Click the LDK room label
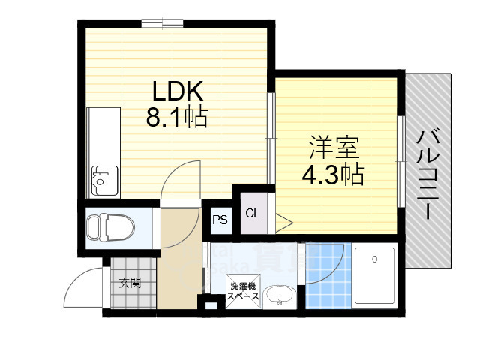tap(178, 91)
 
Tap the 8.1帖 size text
tap(177, 118)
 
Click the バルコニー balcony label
tap(429, 173)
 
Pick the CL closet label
tap(252, 214)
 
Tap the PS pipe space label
tap(220, 220)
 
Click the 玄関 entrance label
tap(130, 283)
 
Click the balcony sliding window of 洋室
tap(401, 160)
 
